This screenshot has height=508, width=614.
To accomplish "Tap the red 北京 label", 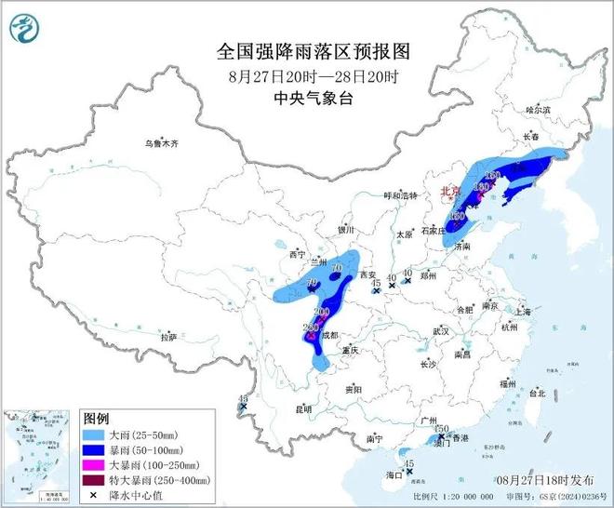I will click(x=451, y=194).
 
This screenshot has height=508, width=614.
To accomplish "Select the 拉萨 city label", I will click(x=167, y=338).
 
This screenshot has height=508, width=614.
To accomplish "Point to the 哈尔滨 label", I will click(x=539, y=110).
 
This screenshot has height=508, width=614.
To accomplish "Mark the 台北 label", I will click(x=537, y=394).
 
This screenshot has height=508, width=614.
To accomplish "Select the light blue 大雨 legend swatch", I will click(x=96, y=434).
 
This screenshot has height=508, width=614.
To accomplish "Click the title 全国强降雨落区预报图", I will click(x=306, y=49).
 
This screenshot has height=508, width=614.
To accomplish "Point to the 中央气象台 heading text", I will click(x=306, y=96).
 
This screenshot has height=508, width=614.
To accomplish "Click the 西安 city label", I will click(x=367, y=275).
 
